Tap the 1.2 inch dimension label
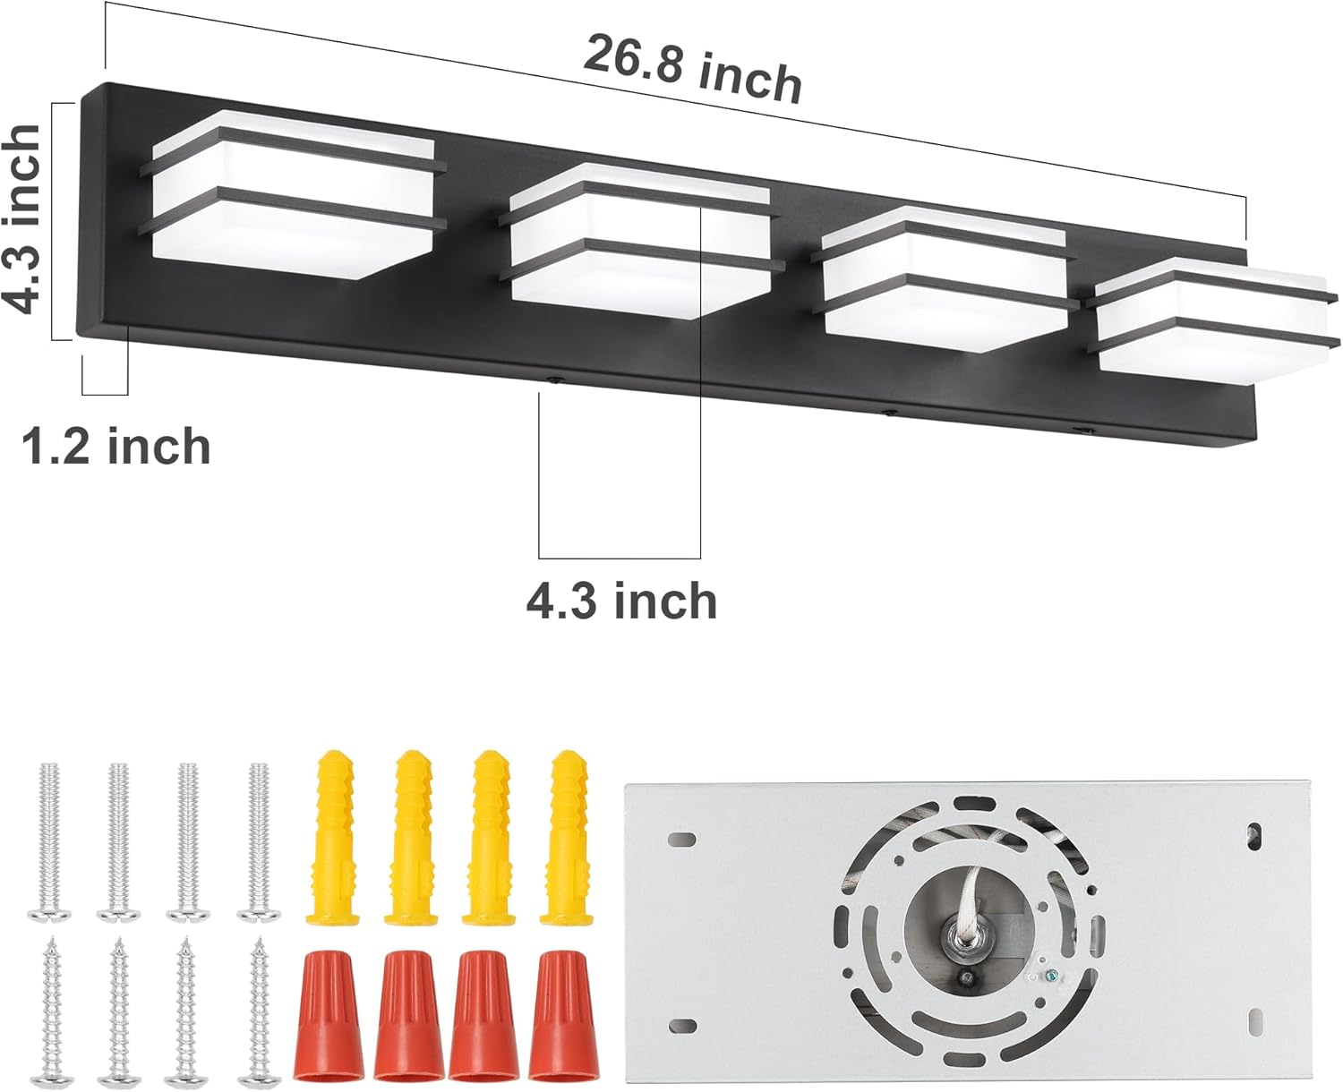click(x=116, y=446)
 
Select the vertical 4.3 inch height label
click(x=22, y=219)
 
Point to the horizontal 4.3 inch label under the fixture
click(x=621, y=601)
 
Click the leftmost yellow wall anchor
click(x=330, y=837)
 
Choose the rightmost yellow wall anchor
click(x=566, y=837)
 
